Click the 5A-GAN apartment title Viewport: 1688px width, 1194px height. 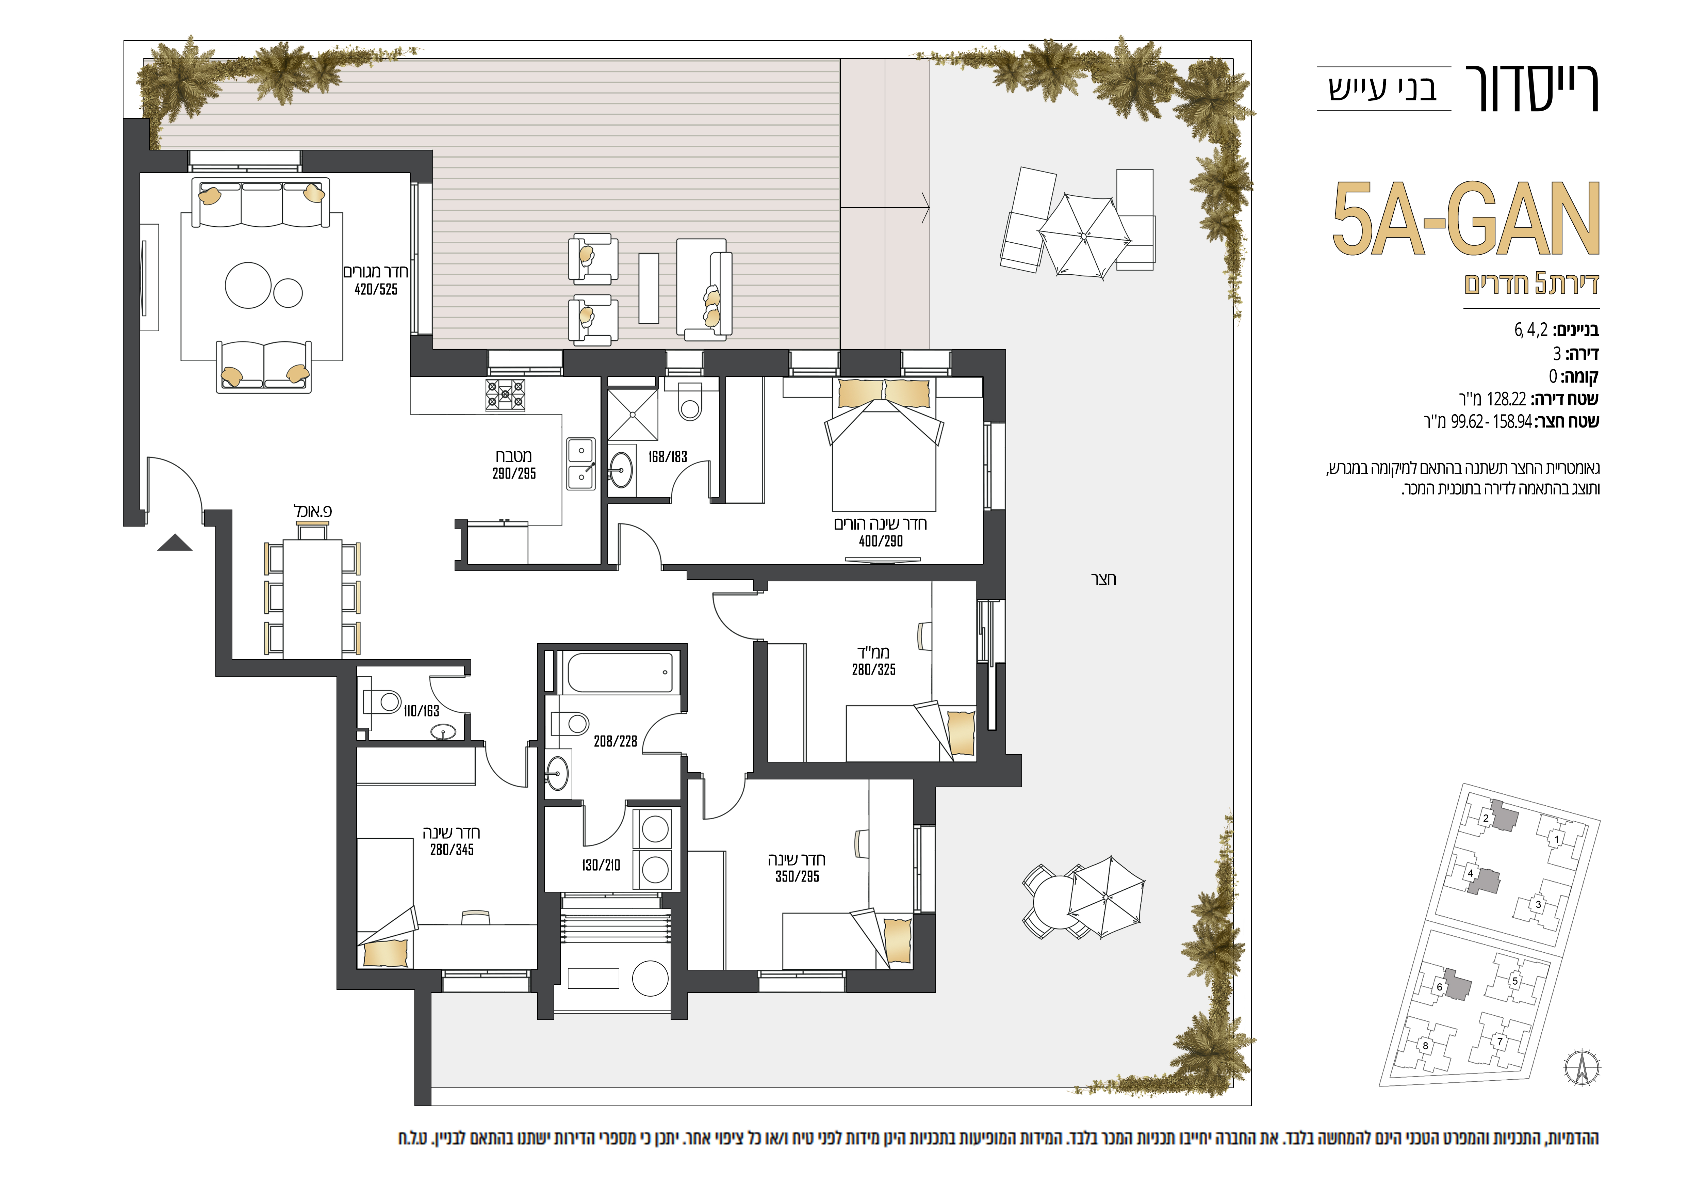click(1466, 219)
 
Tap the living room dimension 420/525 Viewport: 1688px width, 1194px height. click(376, 290)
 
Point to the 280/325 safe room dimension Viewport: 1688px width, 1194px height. click(873, 670)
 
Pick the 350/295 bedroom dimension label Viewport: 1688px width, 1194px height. click(797, 876)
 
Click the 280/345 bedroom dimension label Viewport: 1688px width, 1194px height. click(452, 850)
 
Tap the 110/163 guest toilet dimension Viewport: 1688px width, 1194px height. click(421, 711)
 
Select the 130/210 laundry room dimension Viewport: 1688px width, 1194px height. click(601, 865)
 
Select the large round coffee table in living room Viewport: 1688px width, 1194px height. click(248, 285)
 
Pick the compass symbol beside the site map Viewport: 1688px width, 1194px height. click(1582, 1067)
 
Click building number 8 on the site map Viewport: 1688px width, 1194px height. click(1426, 1046)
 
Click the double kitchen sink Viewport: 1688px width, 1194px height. click(581, 464)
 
